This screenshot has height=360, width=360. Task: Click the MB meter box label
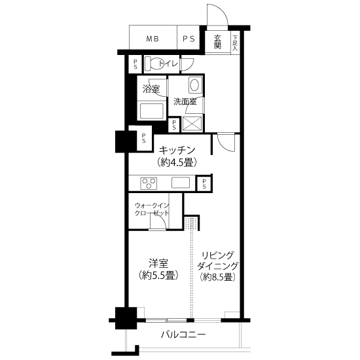coord(153,39)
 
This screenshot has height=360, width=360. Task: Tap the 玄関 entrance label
coord(217,41)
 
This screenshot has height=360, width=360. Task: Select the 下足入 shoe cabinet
coord(235,43)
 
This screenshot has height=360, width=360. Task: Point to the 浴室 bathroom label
coord(151,89)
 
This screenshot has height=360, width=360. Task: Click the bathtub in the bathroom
coord(152,111)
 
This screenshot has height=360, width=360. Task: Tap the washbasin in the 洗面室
coord(195,85)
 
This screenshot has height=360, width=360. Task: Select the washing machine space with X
coord(192,124)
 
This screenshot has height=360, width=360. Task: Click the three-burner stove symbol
coord(149,183)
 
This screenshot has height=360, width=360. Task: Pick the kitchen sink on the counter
coord(181,183)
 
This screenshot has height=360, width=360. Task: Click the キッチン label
coord(177,151)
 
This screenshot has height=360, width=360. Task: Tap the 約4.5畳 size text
coord(177,162)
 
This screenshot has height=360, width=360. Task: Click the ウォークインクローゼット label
coord(152,209)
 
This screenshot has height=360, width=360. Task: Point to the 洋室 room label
coord(158,263)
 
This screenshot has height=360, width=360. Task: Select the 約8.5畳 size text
coord(218,277)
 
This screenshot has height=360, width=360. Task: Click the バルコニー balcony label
coord(183,334)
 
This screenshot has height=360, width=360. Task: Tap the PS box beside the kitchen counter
coord(204,184)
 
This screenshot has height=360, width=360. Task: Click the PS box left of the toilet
coord(135,64)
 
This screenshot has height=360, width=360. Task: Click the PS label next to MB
coord(189,39)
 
